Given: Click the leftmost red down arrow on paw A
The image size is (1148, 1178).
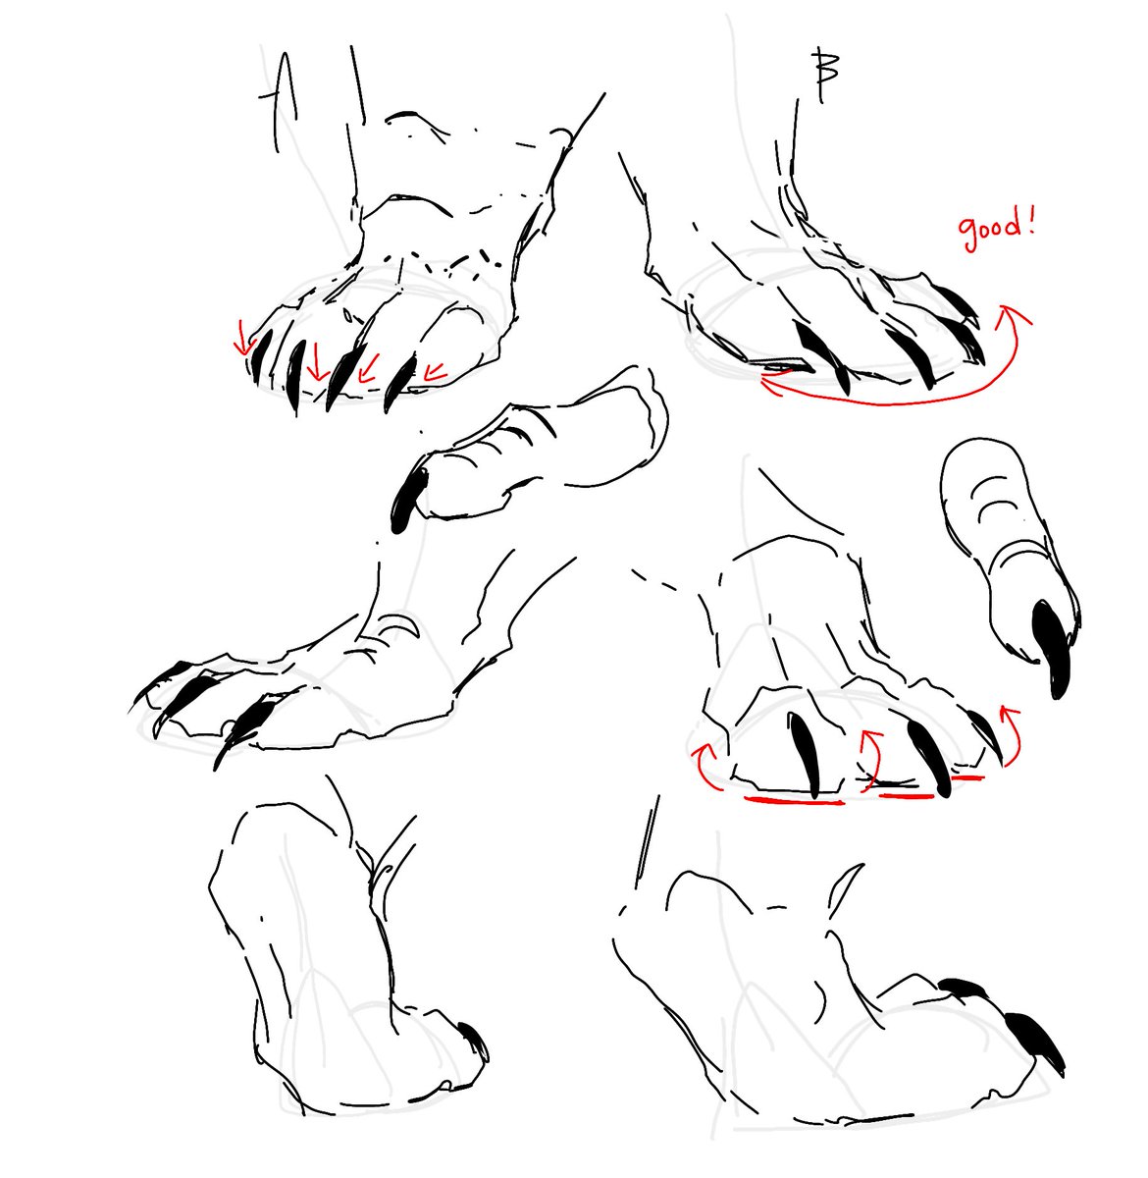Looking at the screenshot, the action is pyautogui.click(x=244, y=340).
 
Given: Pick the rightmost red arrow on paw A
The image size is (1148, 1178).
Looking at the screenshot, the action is pyautogui.click(x=435, y=372).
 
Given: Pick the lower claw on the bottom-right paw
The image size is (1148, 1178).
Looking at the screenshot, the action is pyautogui.click(x=1035, y=1042).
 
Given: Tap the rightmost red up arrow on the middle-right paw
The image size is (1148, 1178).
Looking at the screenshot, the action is pyautogui.click(x=1012, y=733).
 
